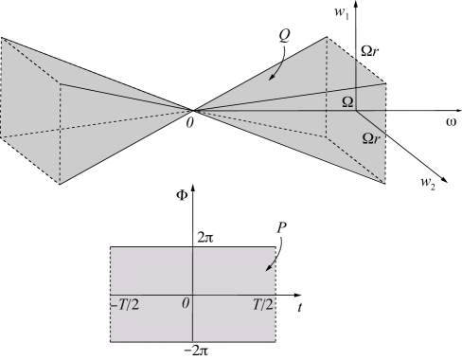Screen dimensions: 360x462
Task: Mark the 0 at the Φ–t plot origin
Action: pos(186,302)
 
